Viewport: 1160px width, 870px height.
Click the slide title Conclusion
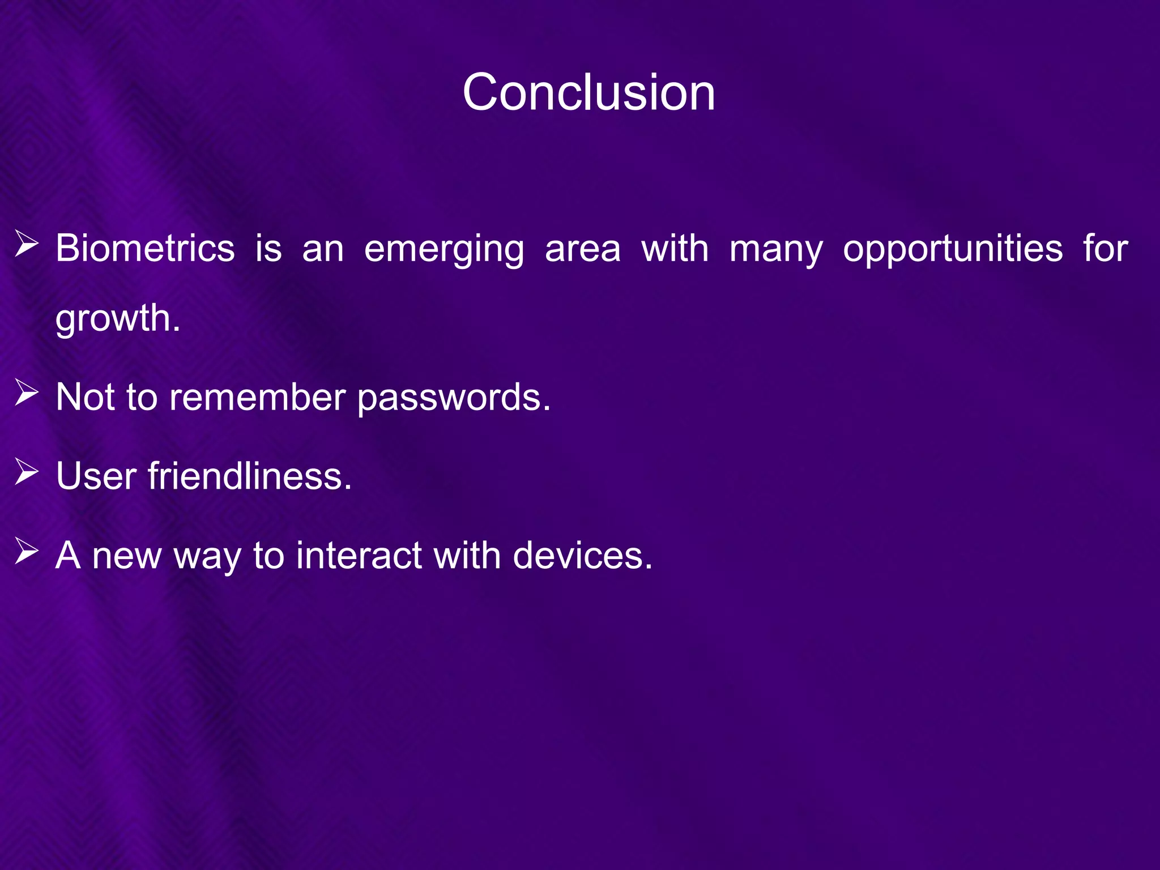pos(588,92)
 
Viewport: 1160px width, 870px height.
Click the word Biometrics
pos(145,249)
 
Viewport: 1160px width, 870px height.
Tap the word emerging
pos(444,250)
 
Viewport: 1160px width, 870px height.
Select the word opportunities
pos(953,250)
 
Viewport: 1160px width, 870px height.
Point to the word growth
pos(117,318)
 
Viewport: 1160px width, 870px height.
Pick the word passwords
pos(454,398)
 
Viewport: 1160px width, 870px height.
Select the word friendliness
pos(250,476)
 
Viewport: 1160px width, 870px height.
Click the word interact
pos(359,555)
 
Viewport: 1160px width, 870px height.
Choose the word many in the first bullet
pos(775,250)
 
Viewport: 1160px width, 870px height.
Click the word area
pos(583,250)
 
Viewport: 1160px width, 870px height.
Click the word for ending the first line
pos(1106,249)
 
